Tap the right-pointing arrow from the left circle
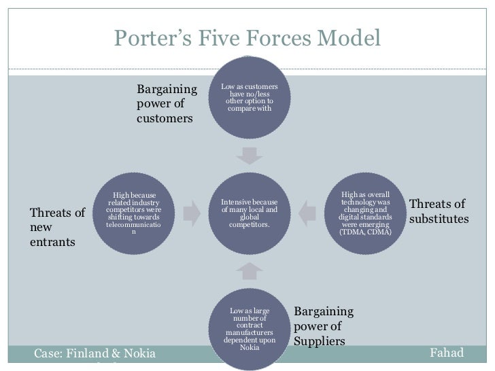(x=193, y=213)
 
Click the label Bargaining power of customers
(x=165, y=104)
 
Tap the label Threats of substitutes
(x=439, y=212)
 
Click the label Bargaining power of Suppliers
(x=324, y=326)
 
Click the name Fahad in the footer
(x=447, y=354)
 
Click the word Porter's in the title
(x=148, y=38)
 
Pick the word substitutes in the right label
(x=439, y=219)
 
